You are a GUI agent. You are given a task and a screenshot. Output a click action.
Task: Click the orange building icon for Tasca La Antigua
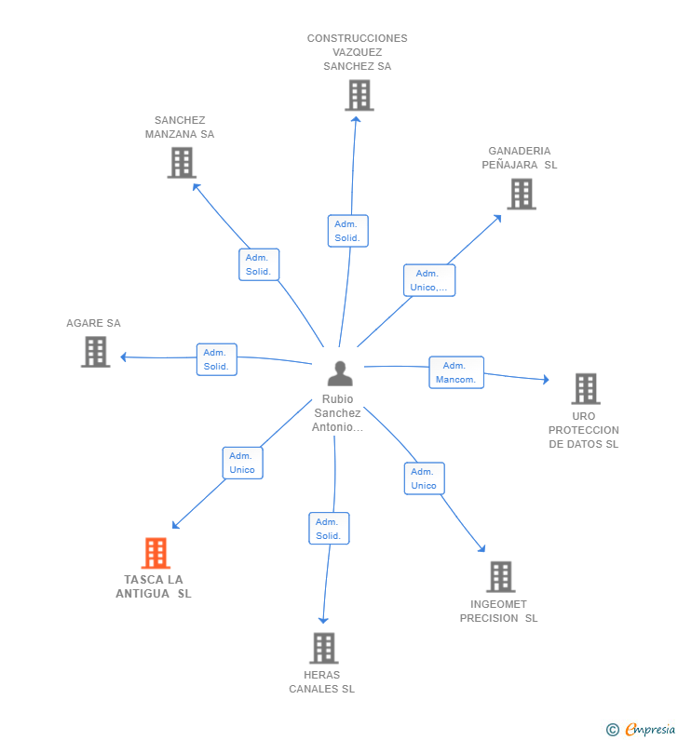156,553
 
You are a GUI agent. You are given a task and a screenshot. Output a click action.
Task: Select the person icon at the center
340,373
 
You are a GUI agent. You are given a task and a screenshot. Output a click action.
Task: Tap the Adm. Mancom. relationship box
456,372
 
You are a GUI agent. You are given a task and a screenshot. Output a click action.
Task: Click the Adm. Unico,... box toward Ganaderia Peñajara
429,280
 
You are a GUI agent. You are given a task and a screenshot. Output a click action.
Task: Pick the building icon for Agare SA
95,352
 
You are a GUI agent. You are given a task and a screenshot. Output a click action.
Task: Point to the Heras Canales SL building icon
324,648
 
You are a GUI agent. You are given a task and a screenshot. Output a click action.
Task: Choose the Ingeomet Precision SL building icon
500,577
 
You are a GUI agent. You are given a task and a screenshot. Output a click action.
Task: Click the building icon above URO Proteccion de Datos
586,389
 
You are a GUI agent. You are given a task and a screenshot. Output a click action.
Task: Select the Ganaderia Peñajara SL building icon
522,194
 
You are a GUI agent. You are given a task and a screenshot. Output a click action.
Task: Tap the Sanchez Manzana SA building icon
182,163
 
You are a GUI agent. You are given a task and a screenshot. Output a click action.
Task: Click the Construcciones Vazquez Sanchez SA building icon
359,95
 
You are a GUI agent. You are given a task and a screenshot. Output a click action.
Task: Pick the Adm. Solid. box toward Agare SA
217,359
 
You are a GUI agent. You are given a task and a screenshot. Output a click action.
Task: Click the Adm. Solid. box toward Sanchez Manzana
259,264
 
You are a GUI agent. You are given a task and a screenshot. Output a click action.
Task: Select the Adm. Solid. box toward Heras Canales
329,529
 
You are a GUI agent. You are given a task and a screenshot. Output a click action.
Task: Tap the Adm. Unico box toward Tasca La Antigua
243,463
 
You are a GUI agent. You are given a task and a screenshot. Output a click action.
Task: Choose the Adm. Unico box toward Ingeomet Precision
425,478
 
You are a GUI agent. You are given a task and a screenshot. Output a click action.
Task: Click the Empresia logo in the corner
651,729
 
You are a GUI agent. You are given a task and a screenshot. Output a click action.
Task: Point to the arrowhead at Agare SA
123,357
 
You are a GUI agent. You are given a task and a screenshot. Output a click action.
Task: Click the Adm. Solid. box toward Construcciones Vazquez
348,231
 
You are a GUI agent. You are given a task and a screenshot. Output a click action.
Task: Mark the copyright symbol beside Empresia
613,730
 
